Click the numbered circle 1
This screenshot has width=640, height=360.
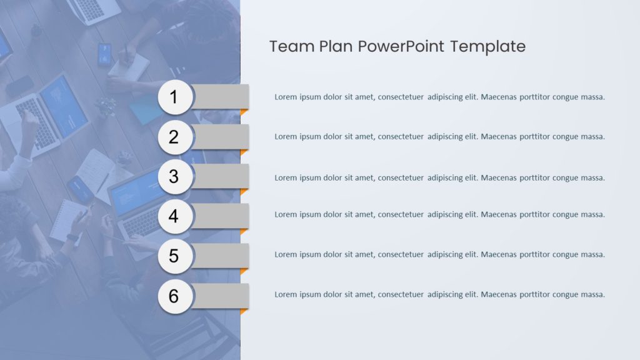[x=174, y=97]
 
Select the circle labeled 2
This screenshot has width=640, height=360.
[x=174, y=137]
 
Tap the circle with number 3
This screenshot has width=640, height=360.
[x=174, y=177]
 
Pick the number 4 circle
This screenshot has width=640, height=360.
[x=174, y=216]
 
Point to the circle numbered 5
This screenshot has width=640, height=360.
[x=174, y=256]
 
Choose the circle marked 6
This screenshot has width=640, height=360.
[x=174, y=296]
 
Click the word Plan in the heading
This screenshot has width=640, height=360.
[x=336, y=46]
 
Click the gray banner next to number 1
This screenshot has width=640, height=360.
[x=222, y=96]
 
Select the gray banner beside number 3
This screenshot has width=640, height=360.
[x=222, y=176]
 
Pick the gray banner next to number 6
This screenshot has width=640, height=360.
[x=222, y=295]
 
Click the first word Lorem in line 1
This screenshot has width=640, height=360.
[x=286, y=97]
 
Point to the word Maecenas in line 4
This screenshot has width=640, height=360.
[x=499, y=214]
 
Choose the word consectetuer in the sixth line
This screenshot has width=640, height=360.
[x=401, y=294]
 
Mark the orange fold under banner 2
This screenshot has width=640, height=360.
[x=244, y=152]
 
